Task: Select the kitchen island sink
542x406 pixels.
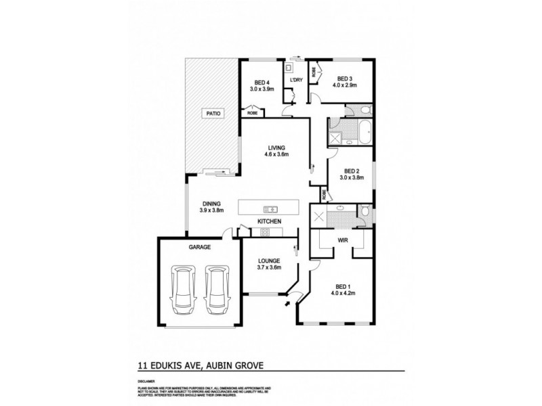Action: click(271, 208)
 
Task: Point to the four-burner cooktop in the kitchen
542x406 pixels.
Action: click(264, 233)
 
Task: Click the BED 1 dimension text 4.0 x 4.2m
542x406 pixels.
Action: click(343, 293)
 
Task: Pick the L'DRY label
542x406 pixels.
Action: click(296, 81)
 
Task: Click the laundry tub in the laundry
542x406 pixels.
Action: click(289, 68)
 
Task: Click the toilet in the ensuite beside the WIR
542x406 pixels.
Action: click(364, 213)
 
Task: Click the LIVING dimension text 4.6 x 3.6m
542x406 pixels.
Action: click(276, 154)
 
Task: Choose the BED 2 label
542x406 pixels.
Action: click(351, 171)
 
